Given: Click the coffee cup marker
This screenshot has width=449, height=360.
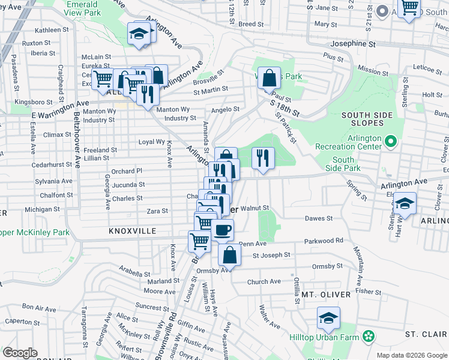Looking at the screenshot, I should [222, 229].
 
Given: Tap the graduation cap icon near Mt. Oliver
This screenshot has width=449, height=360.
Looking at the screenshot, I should [328, 317].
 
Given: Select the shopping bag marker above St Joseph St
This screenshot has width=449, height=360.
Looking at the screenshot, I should [229, 254].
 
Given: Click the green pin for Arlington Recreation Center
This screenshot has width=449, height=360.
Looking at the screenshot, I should [391, 142].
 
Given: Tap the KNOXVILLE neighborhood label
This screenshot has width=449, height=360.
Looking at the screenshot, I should [133, 231].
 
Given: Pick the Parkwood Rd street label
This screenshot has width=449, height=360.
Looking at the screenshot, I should [323, 241].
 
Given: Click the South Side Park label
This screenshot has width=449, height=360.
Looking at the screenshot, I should [343, 164].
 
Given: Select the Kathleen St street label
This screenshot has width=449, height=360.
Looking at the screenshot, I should [52, 30].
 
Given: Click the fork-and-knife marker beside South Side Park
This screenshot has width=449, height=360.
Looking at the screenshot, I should [263, 158].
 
